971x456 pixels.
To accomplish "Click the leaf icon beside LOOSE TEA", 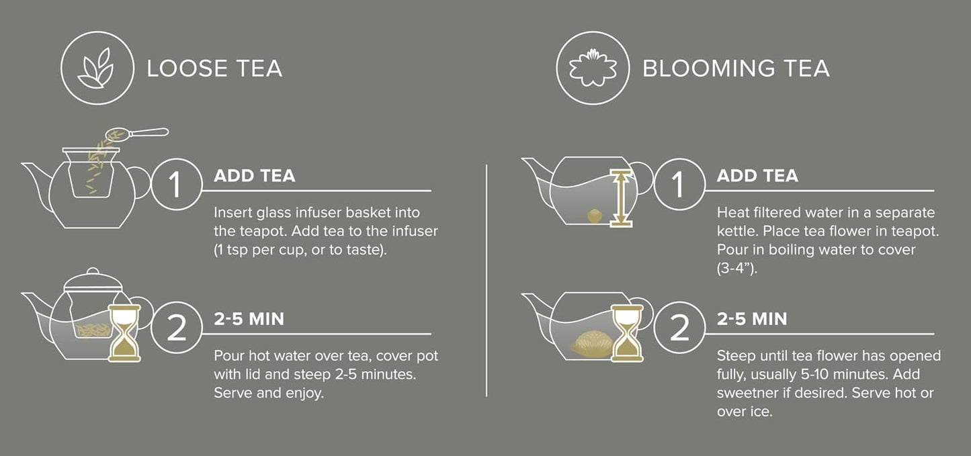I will (94, 68).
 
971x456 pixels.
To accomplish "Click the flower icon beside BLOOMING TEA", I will (592, 68).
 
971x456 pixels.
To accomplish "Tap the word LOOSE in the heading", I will (181, 69).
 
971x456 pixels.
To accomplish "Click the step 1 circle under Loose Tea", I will (175, 183).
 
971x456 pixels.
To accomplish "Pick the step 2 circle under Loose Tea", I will (175, 326).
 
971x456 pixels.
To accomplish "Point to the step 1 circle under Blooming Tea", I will (678, 183).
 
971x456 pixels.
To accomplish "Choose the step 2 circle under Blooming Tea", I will (678, 326).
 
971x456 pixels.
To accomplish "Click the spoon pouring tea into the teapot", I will (138, 134).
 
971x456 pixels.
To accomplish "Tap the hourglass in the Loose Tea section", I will (124, 332).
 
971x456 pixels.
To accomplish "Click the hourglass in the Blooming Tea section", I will (626, 332).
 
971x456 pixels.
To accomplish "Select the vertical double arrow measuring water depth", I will (622, 198).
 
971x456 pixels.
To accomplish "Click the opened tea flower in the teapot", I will (591, 342).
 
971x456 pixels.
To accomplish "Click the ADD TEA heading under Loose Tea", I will (254, 176).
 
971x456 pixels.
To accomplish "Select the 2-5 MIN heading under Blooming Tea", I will (752, 319).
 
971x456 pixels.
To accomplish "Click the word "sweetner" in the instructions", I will (748, 393).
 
